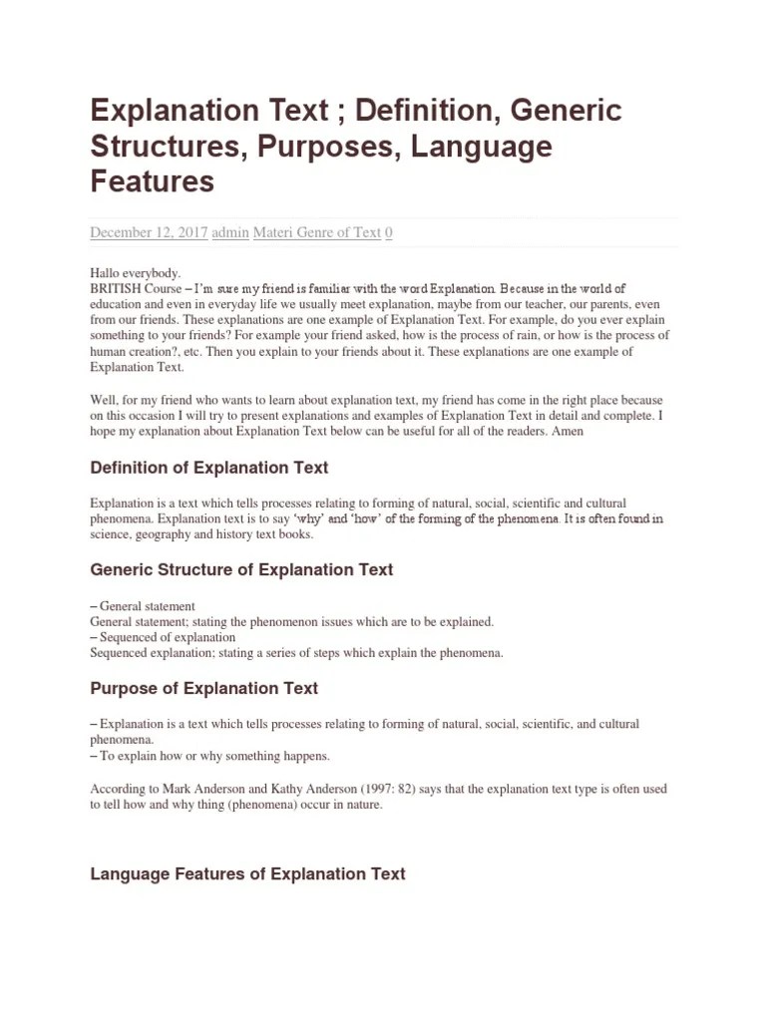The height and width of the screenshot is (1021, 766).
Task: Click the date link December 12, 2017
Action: [x=149, y=232]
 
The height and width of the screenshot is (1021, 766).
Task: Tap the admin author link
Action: [x=230, y=232]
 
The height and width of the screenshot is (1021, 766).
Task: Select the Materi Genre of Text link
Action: [x=317, y=232]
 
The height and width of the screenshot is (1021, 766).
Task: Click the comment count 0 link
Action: [x=389, y=232]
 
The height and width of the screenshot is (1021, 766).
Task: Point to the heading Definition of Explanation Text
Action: [x=209, y=468]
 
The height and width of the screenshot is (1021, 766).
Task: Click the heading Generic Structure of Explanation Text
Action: [x=241, y=570]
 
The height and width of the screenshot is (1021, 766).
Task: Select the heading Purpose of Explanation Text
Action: [x=204, y=688]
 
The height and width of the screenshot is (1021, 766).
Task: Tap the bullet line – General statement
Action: [x=143, y=606]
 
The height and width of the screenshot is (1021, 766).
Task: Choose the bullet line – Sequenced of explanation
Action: [x=163, y=637]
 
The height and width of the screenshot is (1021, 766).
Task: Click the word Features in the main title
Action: [x=152, y=181]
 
